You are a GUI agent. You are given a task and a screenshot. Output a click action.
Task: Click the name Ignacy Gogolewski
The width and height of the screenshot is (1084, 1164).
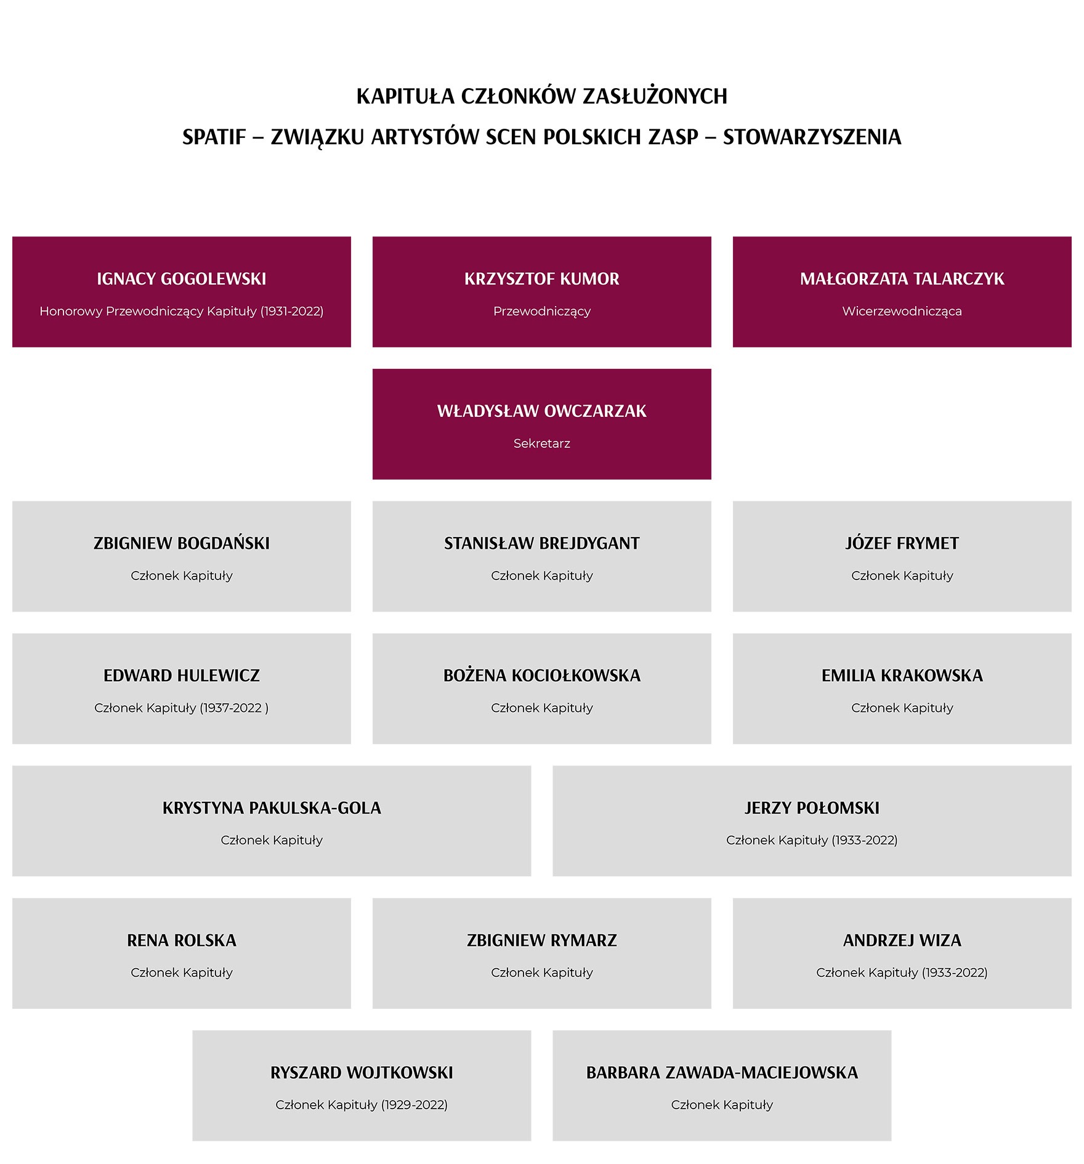(181, 279)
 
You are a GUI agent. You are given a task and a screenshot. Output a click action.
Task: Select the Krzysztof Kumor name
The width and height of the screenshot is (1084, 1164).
(541, 279)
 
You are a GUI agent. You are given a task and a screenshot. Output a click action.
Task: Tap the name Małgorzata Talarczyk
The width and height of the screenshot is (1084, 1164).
(902, 279)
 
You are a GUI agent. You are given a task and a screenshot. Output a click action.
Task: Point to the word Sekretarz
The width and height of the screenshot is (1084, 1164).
(541, 443)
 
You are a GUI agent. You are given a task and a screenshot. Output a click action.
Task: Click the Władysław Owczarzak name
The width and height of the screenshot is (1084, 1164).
(541, 411)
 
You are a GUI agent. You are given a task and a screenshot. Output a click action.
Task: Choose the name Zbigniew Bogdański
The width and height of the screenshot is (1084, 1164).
(181, 543)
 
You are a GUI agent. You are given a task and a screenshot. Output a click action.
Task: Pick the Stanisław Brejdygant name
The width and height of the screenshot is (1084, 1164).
(541, 543)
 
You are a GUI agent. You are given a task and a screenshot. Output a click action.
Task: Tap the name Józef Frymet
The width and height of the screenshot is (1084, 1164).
(902, 543)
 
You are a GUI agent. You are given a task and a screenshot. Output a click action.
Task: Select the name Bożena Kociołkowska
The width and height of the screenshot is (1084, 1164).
(541, 676)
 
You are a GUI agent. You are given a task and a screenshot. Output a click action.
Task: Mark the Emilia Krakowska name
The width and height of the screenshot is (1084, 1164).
(902, 676)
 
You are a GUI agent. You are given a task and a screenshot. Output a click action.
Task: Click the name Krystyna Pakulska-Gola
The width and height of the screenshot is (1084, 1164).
(272, 808)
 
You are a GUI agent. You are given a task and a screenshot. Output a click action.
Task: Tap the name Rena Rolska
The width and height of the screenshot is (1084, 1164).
(181, 940)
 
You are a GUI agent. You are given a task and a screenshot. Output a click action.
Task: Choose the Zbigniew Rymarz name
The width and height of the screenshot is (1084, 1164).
(541, 940)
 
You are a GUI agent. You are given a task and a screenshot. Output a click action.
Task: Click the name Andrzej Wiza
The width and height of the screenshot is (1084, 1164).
(902, 940)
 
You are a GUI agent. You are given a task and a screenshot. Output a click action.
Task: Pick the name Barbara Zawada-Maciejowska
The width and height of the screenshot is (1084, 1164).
(722, 1073)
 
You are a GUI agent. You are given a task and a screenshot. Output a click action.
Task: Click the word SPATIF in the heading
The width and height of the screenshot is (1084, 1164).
(214, 137)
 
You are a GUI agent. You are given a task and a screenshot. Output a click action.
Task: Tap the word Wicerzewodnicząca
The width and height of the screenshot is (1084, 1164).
(902, 312)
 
